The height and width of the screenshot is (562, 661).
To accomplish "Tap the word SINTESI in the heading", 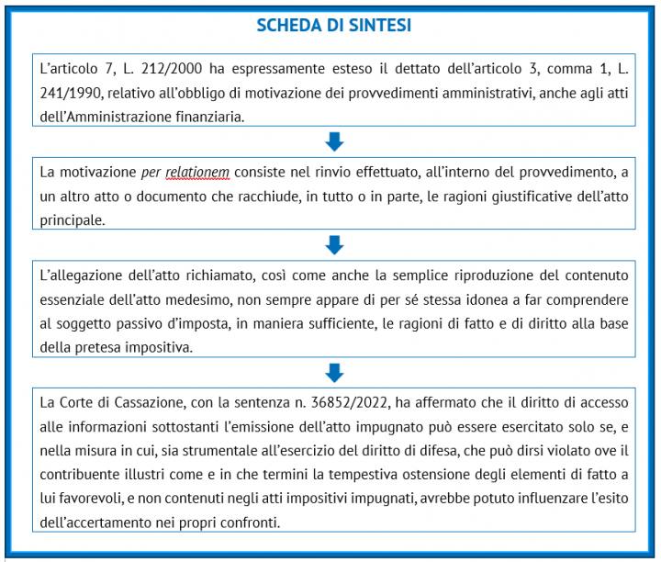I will [x=380, y=26].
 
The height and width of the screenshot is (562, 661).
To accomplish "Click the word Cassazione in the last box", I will [x=137, y=401].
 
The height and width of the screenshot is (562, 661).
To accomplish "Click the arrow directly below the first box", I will [x=334, y=140].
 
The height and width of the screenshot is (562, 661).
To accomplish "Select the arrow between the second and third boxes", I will [x=334, y=244].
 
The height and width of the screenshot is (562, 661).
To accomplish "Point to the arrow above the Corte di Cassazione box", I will [x=334, y=372].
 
